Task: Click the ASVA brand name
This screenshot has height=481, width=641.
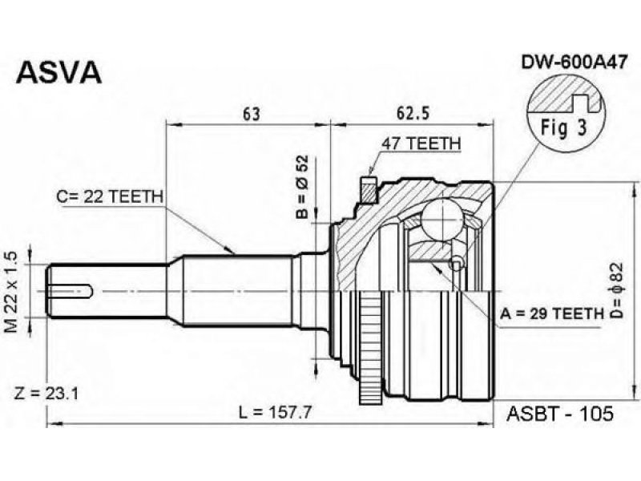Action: [x=58, y=72]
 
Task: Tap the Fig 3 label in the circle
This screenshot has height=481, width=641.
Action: [x=564, y=128]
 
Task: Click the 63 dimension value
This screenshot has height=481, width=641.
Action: [x=251, y=114]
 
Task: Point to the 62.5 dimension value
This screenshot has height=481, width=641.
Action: [x=413, y=114]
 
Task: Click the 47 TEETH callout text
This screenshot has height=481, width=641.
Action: [x=421, y=143]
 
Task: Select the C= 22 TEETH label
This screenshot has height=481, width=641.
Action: [x=110, y=196]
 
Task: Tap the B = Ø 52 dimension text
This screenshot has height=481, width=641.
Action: [x=303, y=187]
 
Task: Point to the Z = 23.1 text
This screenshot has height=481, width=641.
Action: [x=46, y=394]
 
